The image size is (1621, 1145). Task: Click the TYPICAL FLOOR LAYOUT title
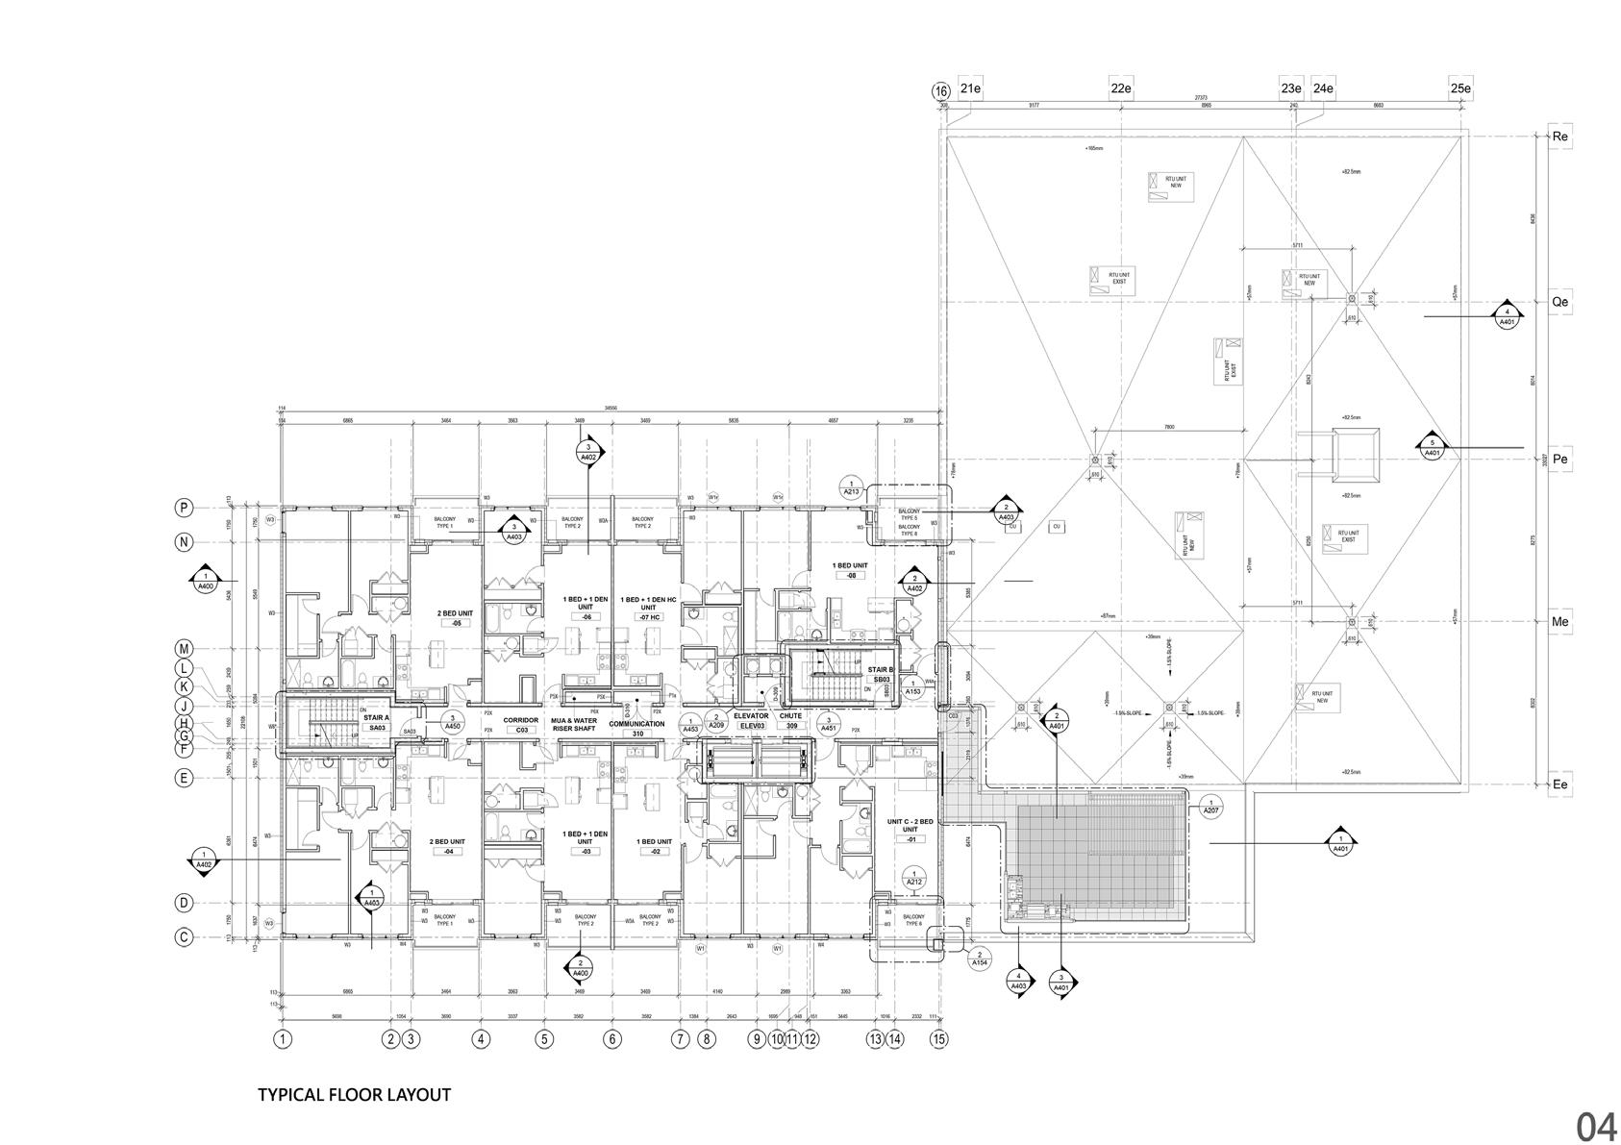tap(354, 1095)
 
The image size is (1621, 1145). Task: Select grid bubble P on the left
tap(184, 507)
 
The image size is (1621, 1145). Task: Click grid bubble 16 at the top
tap(940, 91)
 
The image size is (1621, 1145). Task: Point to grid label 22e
tap(1120, 88)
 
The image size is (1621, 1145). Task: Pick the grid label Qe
tap(1559, 301)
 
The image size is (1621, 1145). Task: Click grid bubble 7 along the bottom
tap(681, 1038)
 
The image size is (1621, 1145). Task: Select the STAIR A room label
tap(376, 722)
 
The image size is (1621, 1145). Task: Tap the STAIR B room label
tap(881, 674)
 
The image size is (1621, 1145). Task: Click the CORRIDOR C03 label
tap(521, 724)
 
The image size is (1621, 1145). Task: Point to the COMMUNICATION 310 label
tap(636, 728)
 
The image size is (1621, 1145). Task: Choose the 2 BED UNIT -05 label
tap(455, 617)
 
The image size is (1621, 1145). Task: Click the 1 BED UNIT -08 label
tap(850, 570)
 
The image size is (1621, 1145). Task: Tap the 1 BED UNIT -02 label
tap(655, 846)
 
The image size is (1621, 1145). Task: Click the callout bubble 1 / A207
tap(1210, 806)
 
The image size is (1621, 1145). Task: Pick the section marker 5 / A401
tap(1432, 447)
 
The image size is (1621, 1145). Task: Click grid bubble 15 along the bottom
tap(939, 1038)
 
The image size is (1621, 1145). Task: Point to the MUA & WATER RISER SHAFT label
tap(574, 724)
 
